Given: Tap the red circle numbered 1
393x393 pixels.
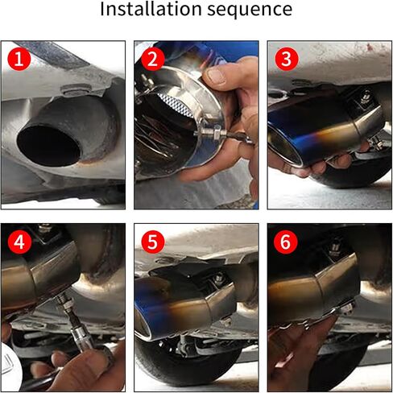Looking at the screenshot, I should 19,60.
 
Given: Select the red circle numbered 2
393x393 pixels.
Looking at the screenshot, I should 152,60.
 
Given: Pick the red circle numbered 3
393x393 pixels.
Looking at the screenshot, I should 285,60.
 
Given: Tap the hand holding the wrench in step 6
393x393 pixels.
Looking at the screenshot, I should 302,354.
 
